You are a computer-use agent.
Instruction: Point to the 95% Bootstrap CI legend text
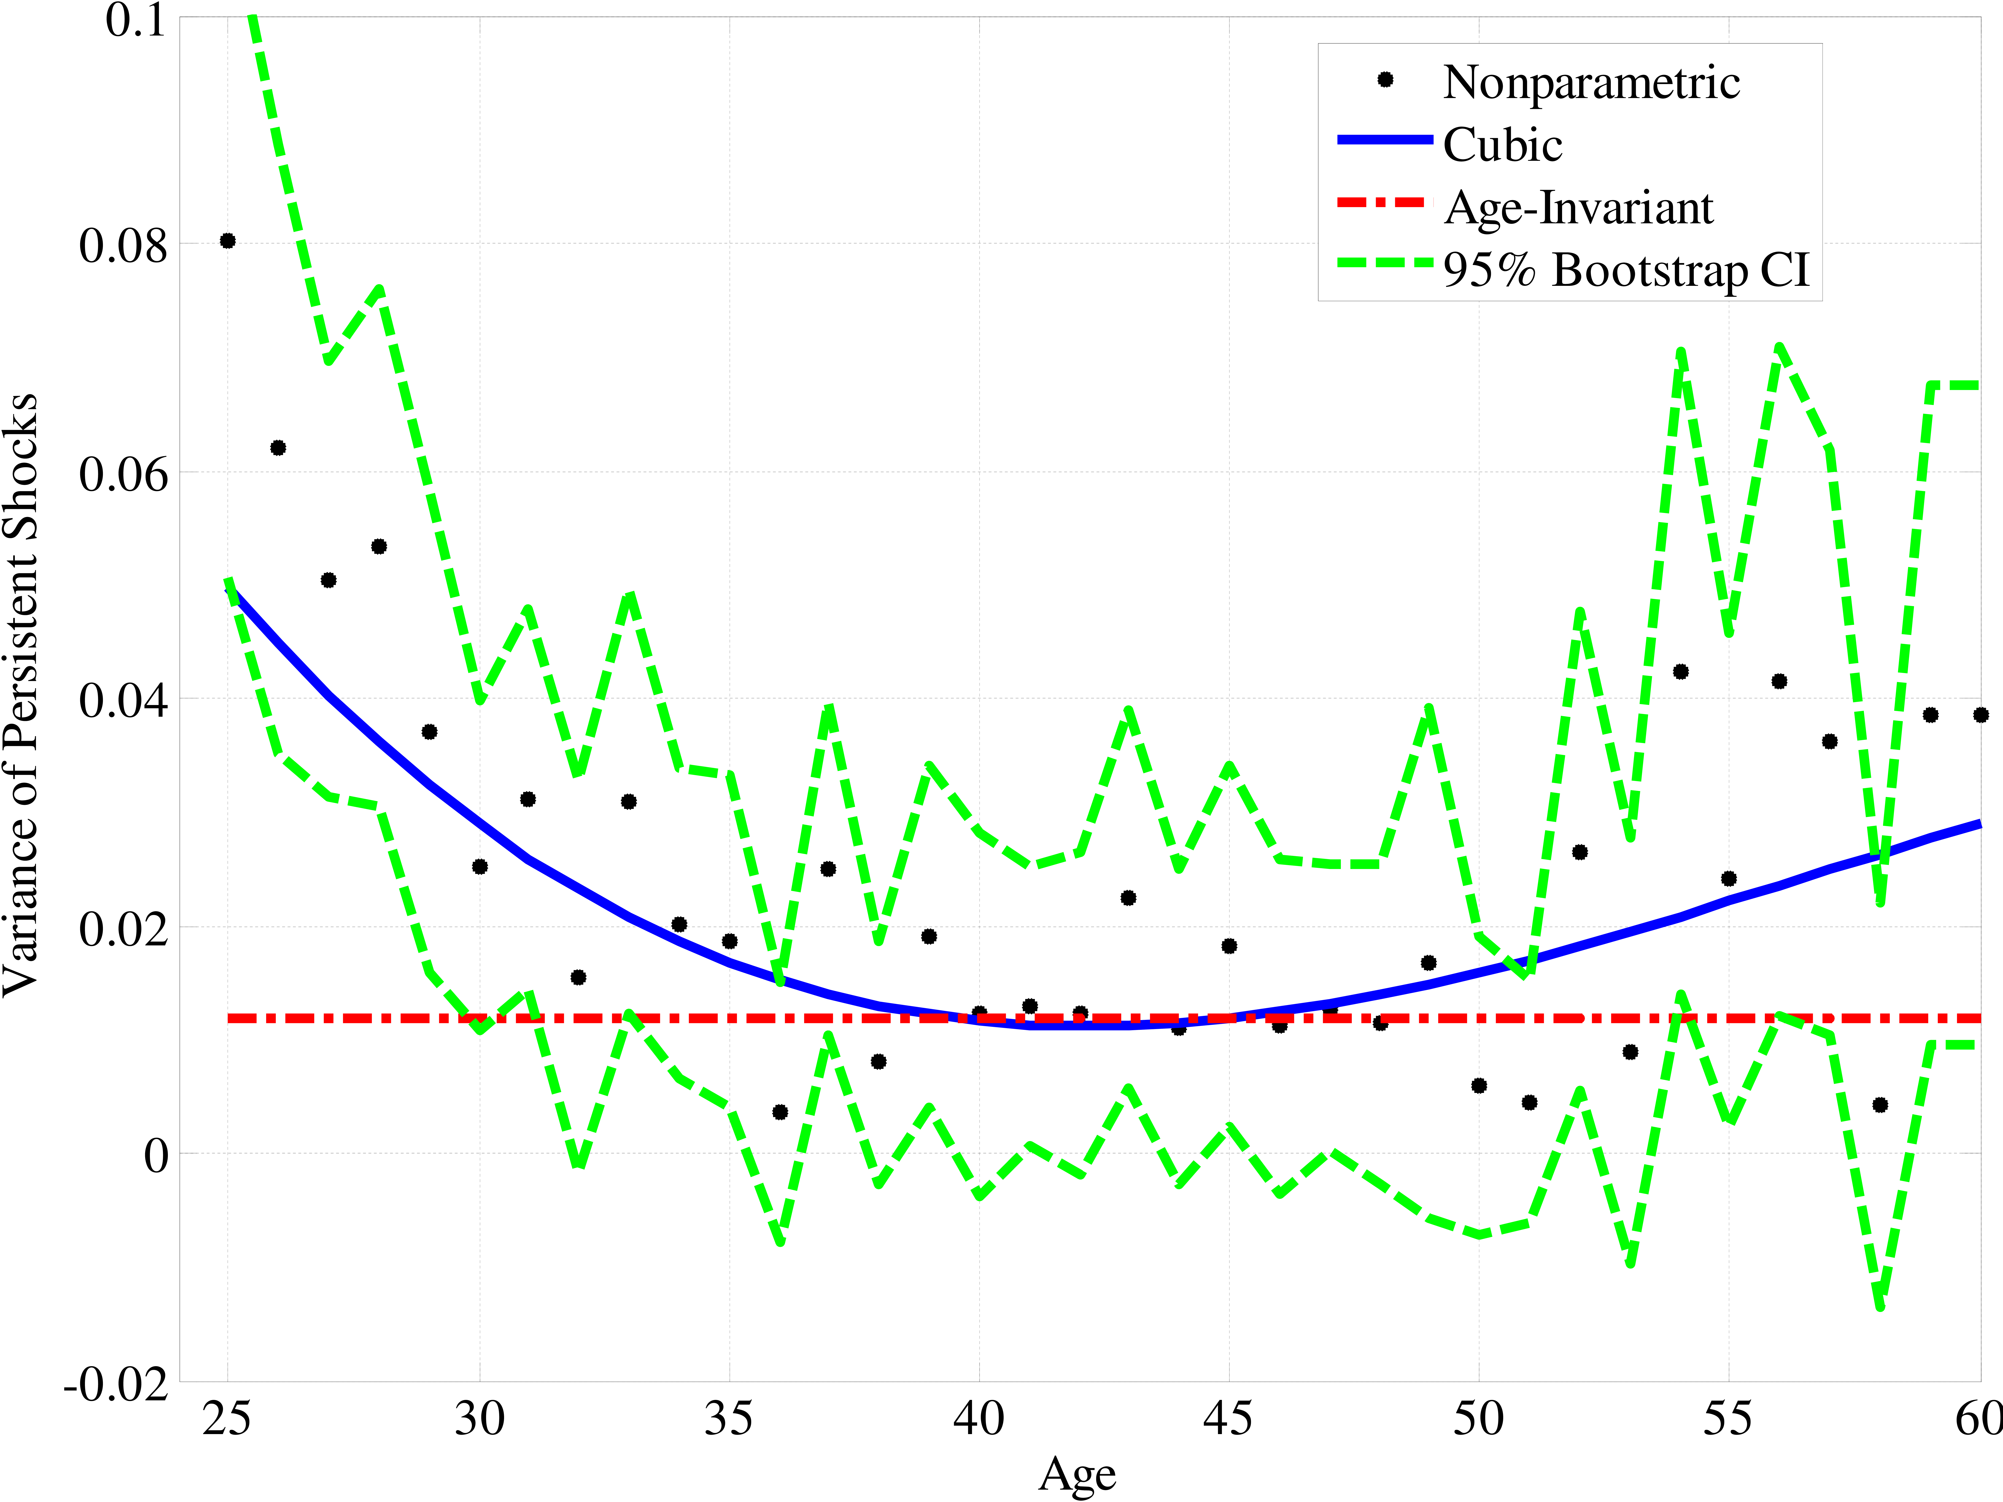tap(1625, 270)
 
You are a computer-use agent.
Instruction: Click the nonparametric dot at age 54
tap(1681, 671)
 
